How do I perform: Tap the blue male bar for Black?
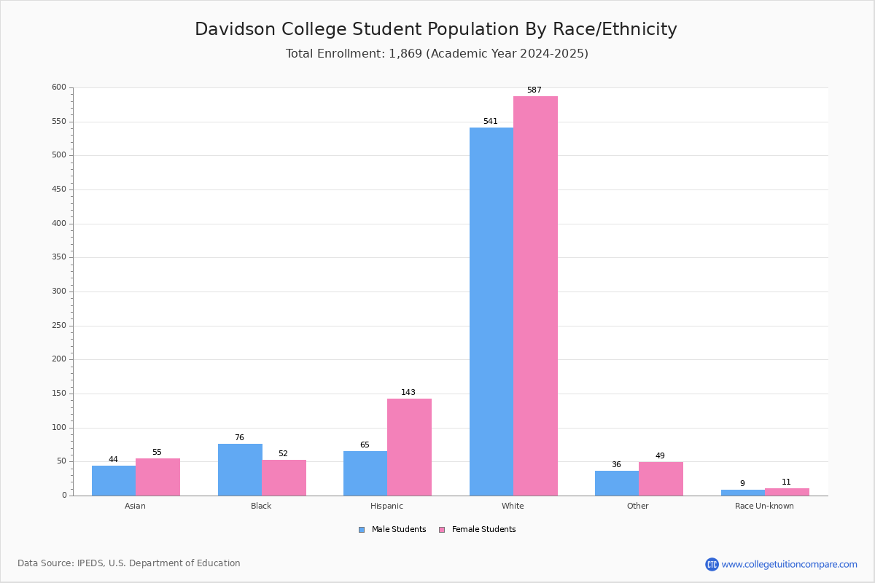[x=240, y=469]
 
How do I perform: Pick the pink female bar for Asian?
[x=157, y=477]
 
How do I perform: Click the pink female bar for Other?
[x=661, y=479]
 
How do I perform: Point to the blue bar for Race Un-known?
[x=742, y=493]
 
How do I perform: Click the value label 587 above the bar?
[x=534, y=90]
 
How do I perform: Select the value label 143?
[x=408, y=393]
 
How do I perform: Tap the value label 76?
[x=239, y=438]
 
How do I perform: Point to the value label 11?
[x=786, y=482]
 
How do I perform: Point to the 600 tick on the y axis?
[x=58, y=87]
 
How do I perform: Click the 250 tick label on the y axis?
[x=58, y=326]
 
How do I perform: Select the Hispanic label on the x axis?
[x=386, y=506]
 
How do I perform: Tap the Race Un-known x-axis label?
[x=764, y=506]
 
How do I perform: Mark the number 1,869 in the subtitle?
[x=405, y=54]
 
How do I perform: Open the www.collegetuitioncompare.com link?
[x=789, y=564]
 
